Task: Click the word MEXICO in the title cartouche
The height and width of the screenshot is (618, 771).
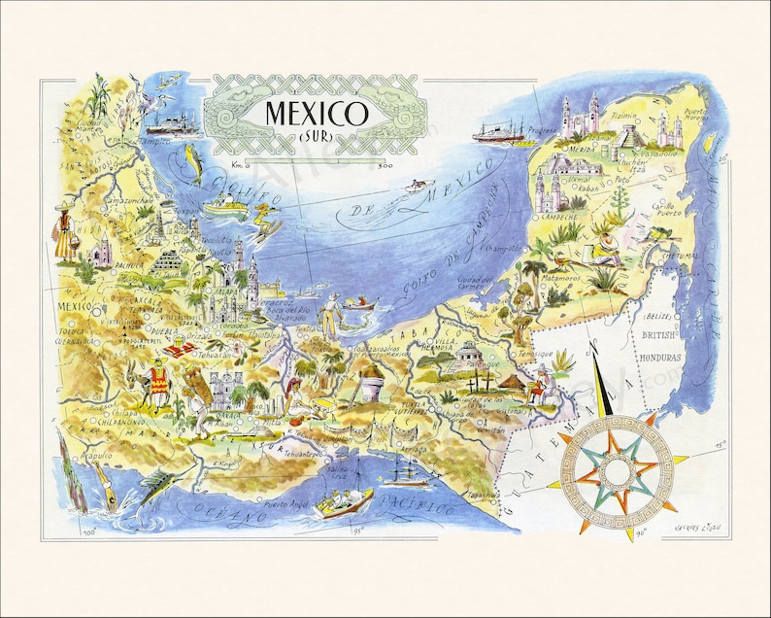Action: [x=303, y=112]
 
